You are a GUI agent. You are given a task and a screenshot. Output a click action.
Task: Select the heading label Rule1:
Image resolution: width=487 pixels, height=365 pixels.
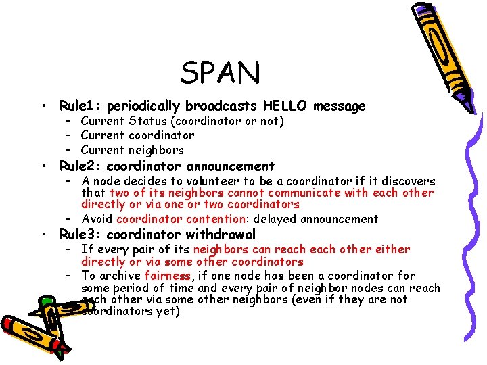pos(81,106)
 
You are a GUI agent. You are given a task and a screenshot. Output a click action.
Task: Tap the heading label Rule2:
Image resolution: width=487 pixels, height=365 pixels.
pos(81,166)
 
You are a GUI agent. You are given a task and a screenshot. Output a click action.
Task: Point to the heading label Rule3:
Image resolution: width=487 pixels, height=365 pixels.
pos(81,235)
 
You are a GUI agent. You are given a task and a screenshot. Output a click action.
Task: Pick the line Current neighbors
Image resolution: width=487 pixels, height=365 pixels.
pos(132,150)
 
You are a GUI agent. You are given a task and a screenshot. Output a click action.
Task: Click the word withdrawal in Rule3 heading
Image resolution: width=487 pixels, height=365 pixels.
pos(221,235)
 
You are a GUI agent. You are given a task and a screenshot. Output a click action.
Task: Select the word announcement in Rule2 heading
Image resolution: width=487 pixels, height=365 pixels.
pos(231,166)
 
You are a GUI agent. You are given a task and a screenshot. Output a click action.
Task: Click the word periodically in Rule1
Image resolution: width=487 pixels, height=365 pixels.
pos(143,106)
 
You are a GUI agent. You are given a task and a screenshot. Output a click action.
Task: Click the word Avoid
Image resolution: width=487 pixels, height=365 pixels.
pos(97,219)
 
